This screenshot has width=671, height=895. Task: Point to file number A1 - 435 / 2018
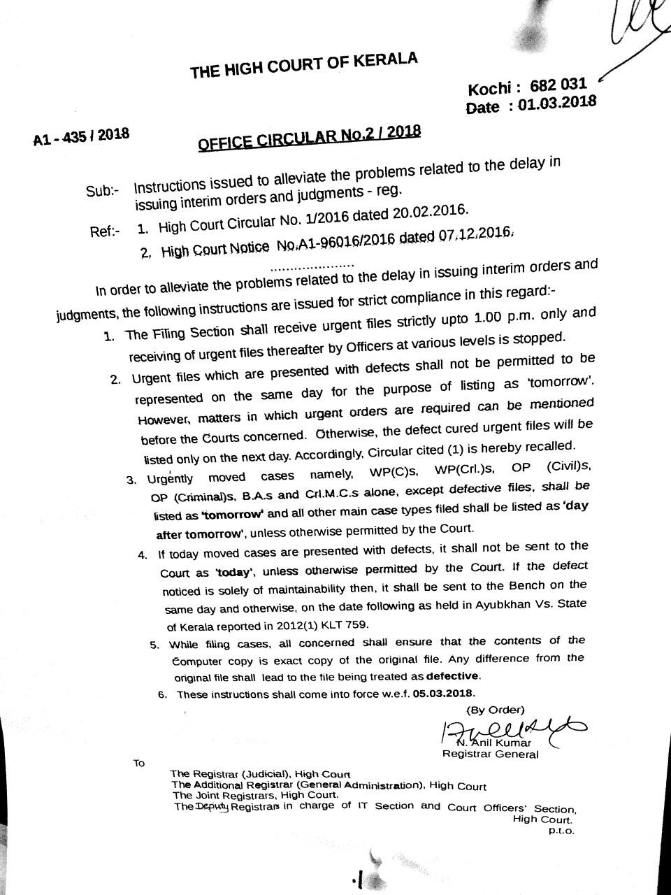pos(81,135)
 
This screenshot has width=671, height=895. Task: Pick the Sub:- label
pos(103,189)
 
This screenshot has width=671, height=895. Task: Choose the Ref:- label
pos(106,230)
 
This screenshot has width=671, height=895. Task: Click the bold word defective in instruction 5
pos(452,676)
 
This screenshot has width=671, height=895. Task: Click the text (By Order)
pos(495,710)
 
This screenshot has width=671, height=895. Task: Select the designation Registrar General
pos(490,754)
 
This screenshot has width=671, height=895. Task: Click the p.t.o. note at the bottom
pos(561,831)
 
